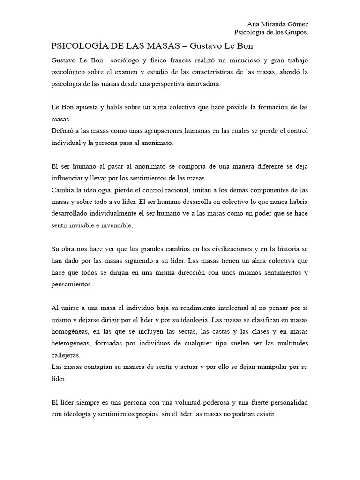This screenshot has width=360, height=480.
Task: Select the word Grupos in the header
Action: pos(297,32)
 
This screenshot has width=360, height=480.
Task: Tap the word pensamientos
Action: pos(72,284)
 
